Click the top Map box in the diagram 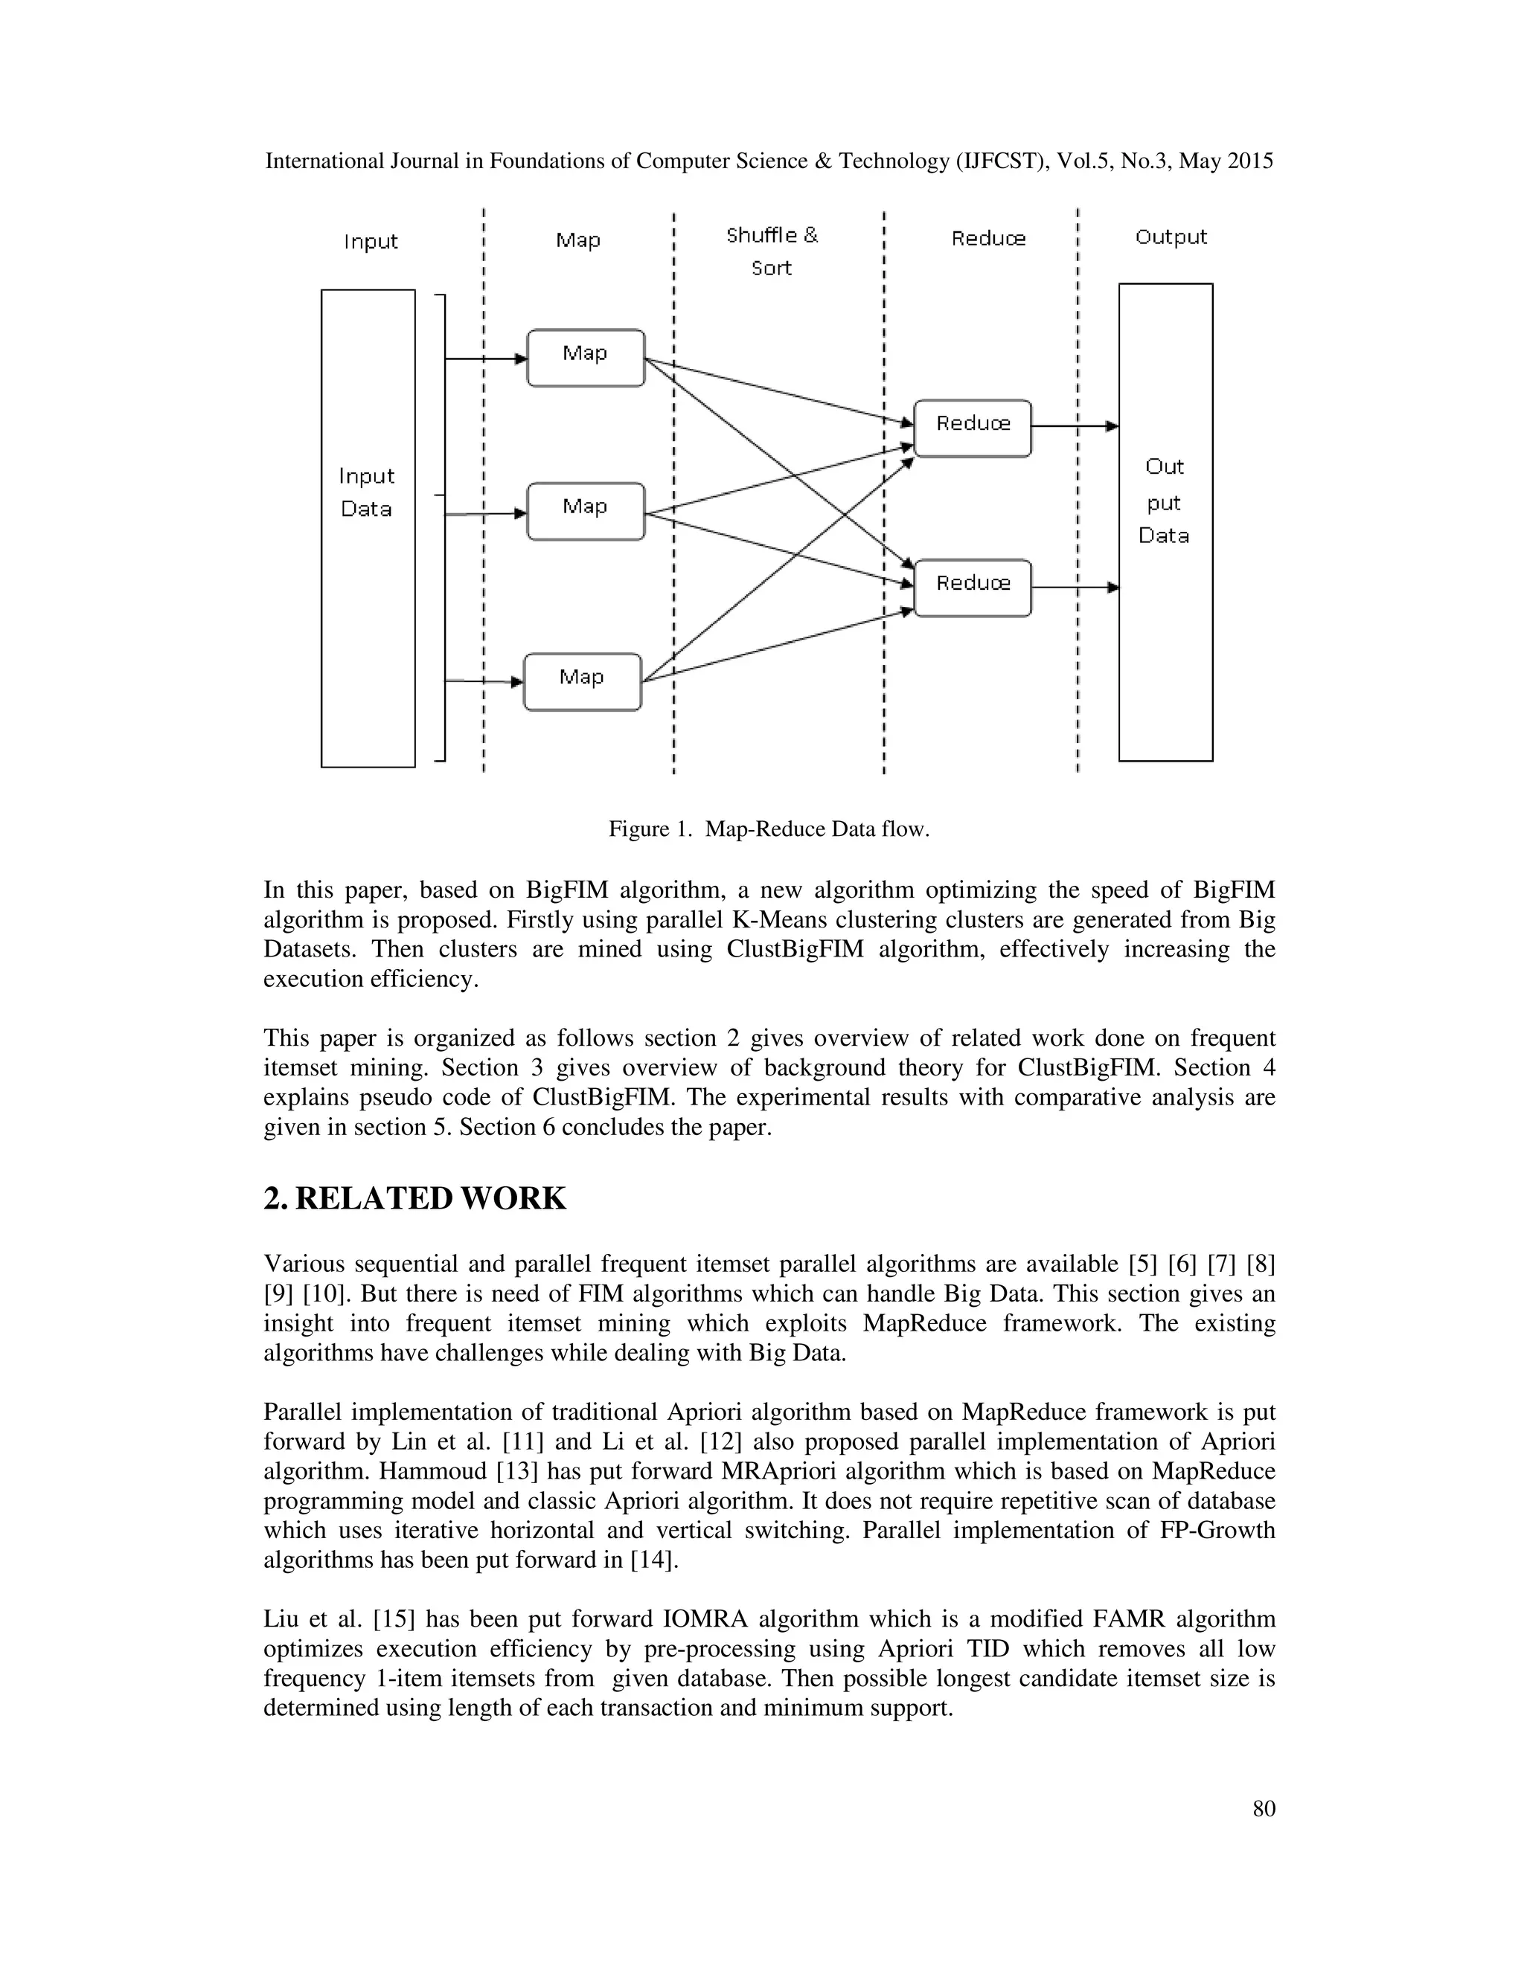pos(585,357)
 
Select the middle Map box pos(585,511)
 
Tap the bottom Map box pos(583,681)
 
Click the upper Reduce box pos(973,428)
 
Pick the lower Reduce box pos(973,588)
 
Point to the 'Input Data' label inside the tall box pos(367,492)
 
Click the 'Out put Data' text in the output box pos(1164,501)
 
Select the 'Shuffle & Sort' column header pos(772,251)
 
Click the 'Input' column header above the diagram pos(370,241)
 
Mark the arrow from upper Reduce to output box pos(1075,426)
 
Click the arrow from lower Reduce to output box pos(1075,588)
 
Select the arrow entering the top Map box pos(486,358)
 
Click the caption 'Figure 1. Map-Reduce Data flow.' pos(768,829)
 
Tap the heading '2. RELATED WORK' pos(414,1198)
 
